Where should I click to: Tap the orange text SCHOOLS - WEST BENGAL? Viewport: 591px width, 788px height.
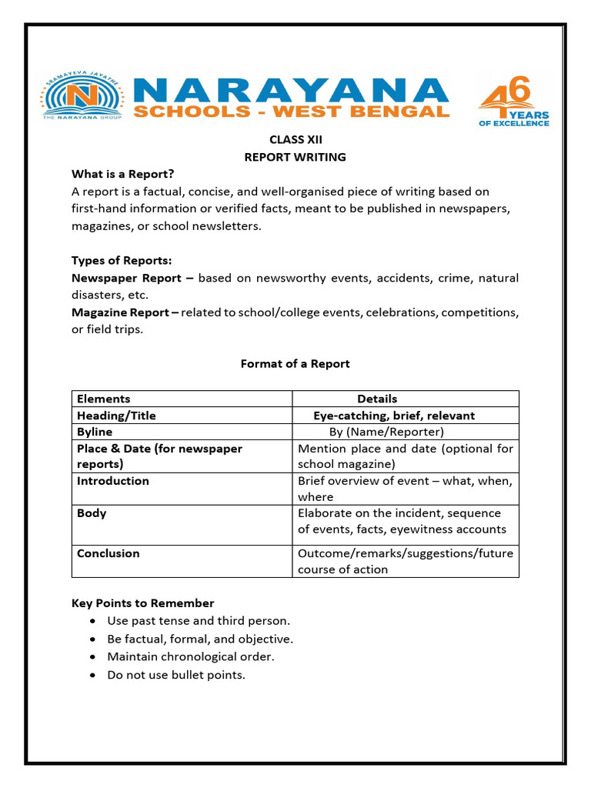point(291,112)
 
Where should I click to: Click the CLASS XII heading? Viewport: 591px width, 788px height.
point(295,139)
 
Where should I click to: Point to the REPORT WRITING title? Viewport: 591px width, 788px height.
point(295,157)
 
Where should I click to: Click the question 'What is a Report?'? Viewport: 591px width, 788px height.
point(123,174)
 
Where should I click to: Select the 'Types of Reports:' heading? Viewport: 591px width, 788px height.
point(121,260)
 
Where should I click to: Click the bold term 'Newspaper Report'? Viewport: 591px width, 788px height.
point(127,278)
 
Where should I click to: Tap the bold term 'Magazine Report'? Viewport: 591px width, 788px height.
point(121,312)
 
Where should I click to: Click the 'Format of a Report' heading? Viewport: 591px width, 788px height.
point(295,363)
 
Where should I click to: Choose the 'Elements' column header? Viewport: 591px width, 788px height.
point(103,399)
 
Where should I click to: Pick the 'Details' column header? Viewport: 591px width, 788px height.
point(377,399)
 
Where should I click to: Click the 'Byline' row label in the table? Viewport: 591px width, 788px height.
point(95,432)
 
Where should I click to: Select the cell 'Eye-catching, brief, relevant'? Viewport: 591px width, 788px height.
point(393,416)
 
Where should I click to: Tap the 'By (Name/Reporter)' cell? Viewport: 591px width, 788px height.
point(386,432)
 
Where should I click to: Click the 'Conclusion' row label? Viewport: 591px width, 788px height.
point(108,553)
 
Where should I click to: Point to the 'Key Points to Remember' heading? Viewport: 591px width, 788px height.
point(142,603)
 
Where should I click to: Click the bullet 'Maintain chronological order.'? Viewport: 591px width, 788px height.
point(190,656)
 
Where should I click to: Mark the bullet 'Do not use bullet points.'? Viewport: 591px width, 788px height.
point(175,675)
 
